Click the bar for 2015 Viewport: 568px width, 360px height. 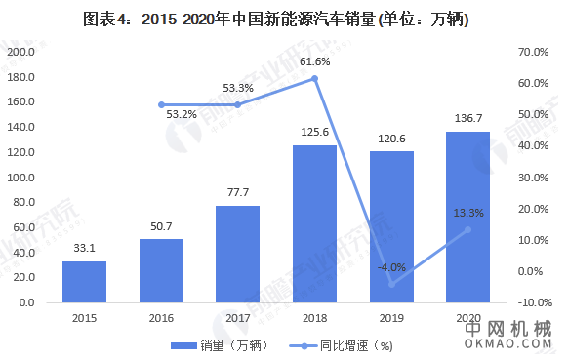[84, 282]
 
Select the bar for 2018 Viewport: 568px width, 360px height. [314, 223]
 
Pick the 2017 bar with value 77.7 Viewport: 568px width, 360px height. [237, 254]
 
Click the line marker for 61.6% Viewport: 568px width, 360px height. [314, 78]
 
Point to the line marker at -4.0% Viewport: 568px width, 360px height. [391, 284]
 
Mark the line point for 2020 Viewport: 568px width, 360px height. [467, 229]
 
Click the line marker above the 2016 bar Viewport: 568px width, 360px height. [161, 104]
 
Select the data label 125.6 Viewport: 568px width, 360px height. [314, 135]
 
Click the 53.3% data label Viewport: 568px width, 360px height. [238, 88]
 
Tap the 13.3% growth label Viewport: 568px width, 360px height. [468, 212]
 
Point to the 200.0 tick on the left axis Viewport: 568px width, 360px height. [20, 51]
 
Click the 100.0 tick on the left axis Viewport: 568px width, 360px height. [20, 178]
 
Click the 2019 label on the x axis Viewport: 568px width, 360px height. [391, 318]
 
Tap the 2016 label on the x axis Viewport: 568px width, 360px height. [161, 318]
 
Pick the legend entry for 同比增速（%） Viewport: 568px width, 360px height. [337, 345]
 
